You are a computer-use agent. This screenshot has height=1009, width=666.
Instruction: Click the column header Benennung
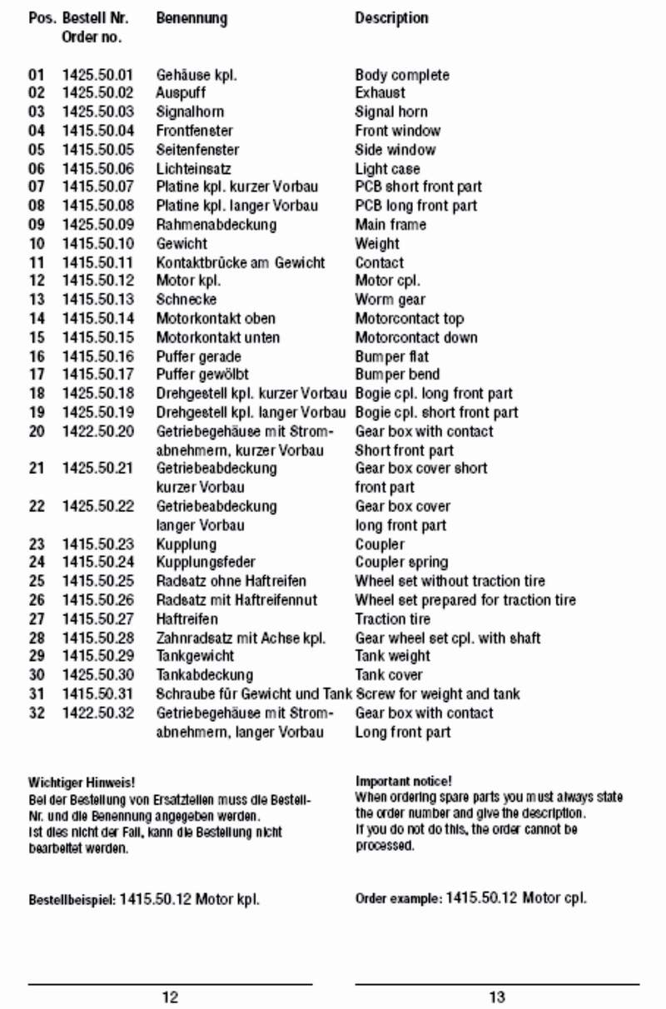tap(191, 18)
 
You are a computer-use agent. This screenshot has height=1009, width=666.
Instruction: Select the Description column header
tap(391, 18)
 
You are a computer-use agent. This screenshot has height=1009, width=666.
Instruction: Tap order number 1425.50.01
tap(97, 75)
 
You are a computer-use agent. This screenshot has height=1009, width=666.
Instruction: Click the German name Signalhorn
tap(190, 112)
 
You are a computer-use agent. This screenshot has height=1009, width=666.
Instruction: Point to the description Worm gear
tap(390, 300)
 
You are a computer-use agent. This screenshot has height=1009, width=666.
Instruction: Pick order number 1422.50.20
tap(97, 431)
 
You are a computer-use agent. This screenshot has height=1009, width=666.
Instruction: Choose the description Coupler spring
tap(401, 562)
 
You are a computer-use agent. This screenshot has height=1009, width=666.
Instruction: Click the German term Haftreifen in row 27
tap(187, 619)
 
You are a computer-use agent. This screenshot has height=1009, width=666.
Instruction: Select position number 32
tap(37, 713)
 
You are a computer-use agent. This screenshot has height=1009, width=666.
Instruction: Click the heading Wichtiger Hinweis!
tap(82, 783)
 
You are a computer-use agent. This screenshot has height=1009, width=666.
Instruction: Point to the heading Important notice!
tap(404, 781)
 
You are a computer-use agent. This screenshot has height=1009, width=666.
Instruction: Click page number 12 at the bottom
tap(170, 997)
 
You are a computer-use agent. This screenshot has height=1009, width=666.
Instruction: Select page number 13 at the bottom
tap(497, 997)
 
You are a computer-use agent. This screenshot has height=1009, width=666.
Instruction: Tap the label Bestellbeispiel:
tap(72, 900)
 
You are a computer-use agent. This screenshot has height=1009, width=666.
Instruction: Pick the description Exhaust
tap(380, 93)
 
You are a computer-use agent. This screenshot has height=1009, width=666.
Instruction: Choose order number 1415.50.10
tap(97, 243)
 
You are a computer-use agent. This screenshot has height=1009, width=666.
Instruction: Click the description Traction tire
tap(393, 619)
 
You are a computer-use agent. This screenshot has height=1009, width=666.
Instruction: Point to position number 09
tap(37, 225)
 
